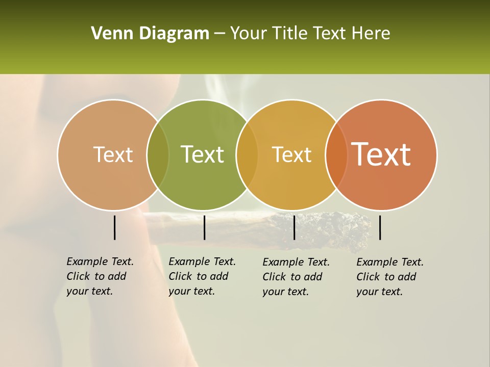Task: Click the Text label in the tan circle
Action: click(113, 154)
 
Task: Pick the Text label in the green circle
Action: click(202, 154)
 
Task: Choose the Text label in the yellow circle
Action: click(291, 154)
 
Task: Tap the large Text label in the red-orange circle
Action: click(381, 154)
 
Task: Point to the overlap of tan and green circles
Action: click(158, 154)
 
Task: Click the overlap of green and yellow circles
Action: click(247, 154)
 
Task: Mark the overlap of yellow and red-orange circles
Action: click(336, 154)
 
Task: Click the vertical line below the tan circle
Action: click(114, 227)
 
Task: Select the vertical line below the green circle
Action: click(204, 227)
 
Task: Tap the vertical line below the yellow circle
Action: click(294, 227)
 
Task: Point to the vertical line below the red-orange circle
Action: click(380, 227)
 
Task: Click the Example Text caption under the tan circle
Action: click(100, 276)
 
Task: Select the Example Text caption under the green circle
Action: click(202, 276)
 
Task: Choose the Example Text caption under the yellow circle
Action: click(296, 277)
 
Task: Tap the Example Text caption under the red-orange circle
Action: click(389, 277)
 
